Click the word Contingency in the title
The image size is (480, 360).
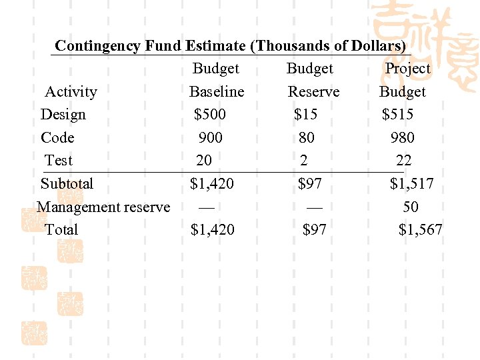(x=97, y=46)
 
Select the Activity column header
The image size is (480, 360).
(x=71, y=92)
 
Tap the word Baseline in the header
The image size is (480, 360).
(x=217, y=92)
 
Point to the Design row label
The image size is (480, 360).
(x=63, y=115)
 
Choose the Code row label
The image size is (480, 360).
(x=57, y=138)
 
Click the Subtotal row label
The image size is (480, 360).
(x=67, y=184)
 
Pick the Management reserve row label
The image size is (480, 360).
(x=103, y=207)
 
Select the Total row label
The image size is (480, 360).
(x=61, y=230)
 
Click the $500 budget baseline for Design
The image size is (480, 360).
(x=210, y=115)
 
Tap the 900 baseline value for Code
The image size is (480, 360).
(x=211, y=138)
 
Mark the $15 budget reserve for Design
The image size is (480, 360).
(x=306, y=115)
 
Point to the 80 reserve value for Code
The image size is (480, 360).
(x=307, y=138)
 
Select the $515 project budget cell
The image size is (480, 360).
(x=398, y=115)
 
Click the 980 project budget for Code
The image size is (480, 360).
(x=403, y=138)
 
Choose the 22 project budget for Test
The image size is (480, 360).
(x=404, y=161)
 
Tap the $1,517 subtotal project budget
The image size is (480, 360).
(x=412, y=184)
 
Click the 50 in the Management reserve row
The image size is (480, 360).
(x=411, y=207)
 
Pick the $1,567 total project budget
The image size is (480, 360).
(x=421, y=230)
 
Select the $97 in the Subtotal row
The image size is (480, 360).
(x=310, y=184)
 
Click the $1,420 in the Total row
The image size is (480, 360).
(x=213, y=230)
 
